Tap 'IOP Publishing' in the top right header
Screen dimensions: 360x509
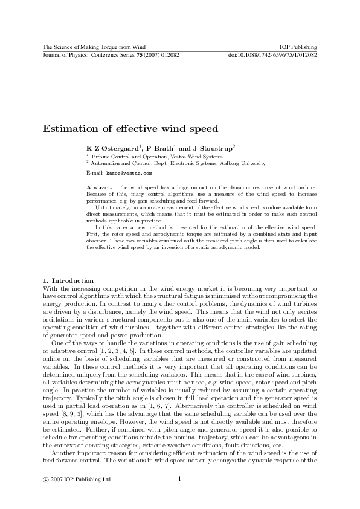[299, 47]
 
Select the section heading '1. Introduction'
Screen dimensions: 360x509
[68, 280]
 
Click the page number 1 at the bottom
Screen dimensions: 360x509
[180, 479]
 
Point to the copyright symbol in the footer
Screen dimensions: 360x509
[45, 479]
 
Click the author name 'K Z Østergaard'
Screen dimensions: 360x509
[113, 148]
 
